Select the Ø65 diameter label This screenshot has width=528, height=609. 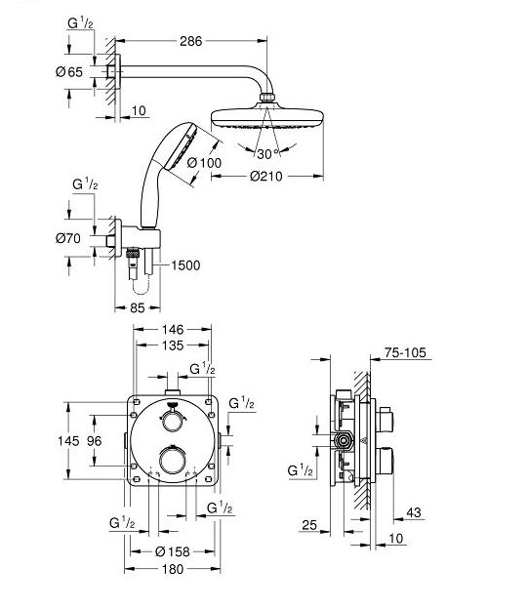(67, 71)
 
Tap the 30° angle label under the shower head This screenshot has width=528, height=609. (266, 152)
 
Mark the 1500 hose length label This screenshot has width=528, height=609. (188, 265)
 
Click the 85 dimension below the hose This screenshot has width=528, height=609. (138, 307)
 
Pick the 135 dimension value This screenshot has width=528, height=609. (173, 345)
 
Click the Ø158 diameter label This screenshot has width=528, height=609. (172, 549)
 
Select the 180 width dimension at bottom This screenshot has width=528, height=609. (172, 570)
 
